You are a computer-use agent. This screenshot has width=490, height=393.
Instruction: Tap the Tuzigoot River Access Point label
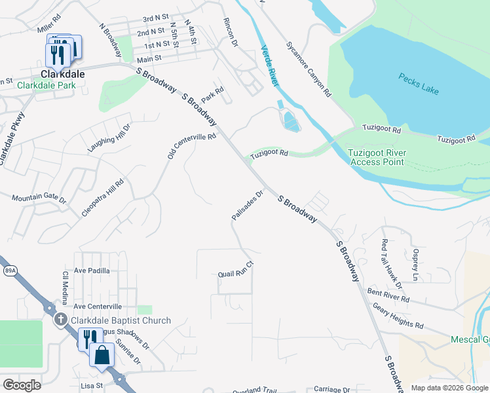pos(378,157)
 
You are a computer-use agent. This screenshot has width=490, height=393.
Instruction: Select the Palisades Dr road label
pos(247,205)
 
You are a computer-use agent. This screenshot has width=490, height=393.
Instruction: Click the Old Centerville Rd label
pos(191,149)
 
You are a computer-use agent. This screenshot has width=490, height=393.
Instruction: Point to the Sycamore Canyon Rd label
pos(308,69)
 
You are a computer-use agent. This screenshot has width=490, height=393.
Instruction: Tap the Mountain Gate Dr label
pos(39,197)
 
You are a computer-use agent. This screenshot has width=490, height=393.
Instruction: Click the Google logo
pos(22,385)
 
